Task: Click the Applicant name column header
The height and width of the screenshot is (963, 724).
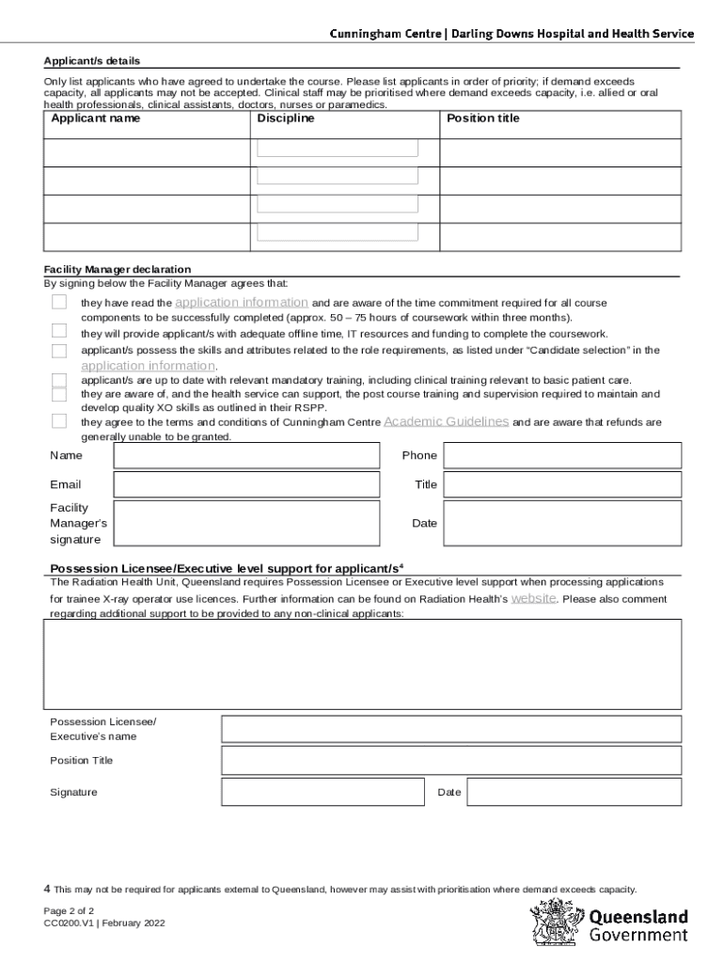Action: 96,118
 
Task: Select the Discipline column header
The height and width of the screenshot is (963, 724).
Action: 286,118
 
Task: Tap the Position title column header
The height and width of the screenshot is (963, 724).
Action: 482,118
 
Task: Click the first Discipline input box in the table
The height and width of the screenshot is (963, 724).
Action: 338,148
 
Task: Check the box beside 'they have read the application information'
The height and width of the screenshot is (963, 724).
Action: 59,302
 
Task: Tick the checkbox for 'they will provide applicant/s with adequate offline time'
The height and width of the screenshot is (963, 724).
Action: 59,331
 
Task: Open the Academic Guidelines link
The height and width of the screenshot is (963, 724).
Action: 447,422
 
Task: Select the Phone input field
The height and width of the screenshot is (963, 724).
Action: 562,455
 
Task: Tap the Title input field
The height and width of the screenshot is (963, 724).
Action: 562,484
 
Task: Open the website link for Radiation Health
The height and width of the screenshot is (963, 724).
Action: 533,598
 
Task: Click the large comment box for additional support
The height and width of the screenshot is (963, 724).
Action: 363,664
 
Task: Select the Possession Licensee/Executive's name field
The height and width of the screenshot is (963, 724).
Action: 450,729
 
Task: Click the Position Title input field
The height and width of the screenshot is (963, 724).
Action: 450,760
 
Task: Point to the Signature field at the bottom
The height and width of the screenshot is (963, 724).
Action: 322,792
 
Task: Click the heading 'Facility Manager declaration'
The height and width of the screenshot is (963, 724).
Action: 118,269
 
